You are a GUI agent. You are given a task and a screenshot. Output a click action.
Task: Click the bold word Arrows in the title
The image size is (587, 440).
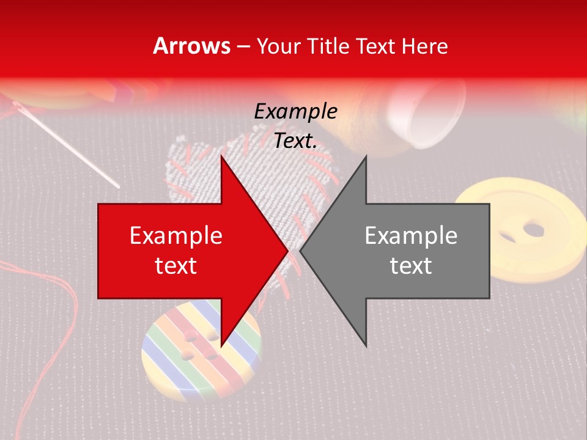tap(192, 46)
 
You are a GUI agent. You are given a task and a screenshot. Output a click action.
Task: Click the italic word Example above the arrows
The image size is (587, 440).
tap(295, 111)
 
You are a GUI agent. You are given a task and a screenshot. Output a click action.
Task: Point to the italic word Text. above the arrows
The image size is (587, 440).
tap(295, 141)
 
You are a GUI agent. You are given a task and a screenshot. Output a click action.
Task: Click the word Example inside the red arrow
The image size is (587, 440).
tap(176, 236)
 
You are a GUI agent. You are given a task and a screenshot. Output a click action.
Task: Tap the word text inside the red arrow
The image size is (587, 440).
tap(176, 266)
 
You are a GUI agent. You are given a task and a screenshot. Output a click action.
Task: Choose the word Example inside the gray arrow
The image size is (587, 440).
tap(411, 236)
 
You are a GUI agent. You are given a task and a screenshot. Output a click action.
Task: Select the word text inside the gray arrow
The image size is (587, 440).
tap(411, 266)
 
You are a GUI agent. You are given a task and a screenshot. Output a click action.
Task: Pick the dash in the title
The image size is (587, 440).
tap(243, 46)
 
